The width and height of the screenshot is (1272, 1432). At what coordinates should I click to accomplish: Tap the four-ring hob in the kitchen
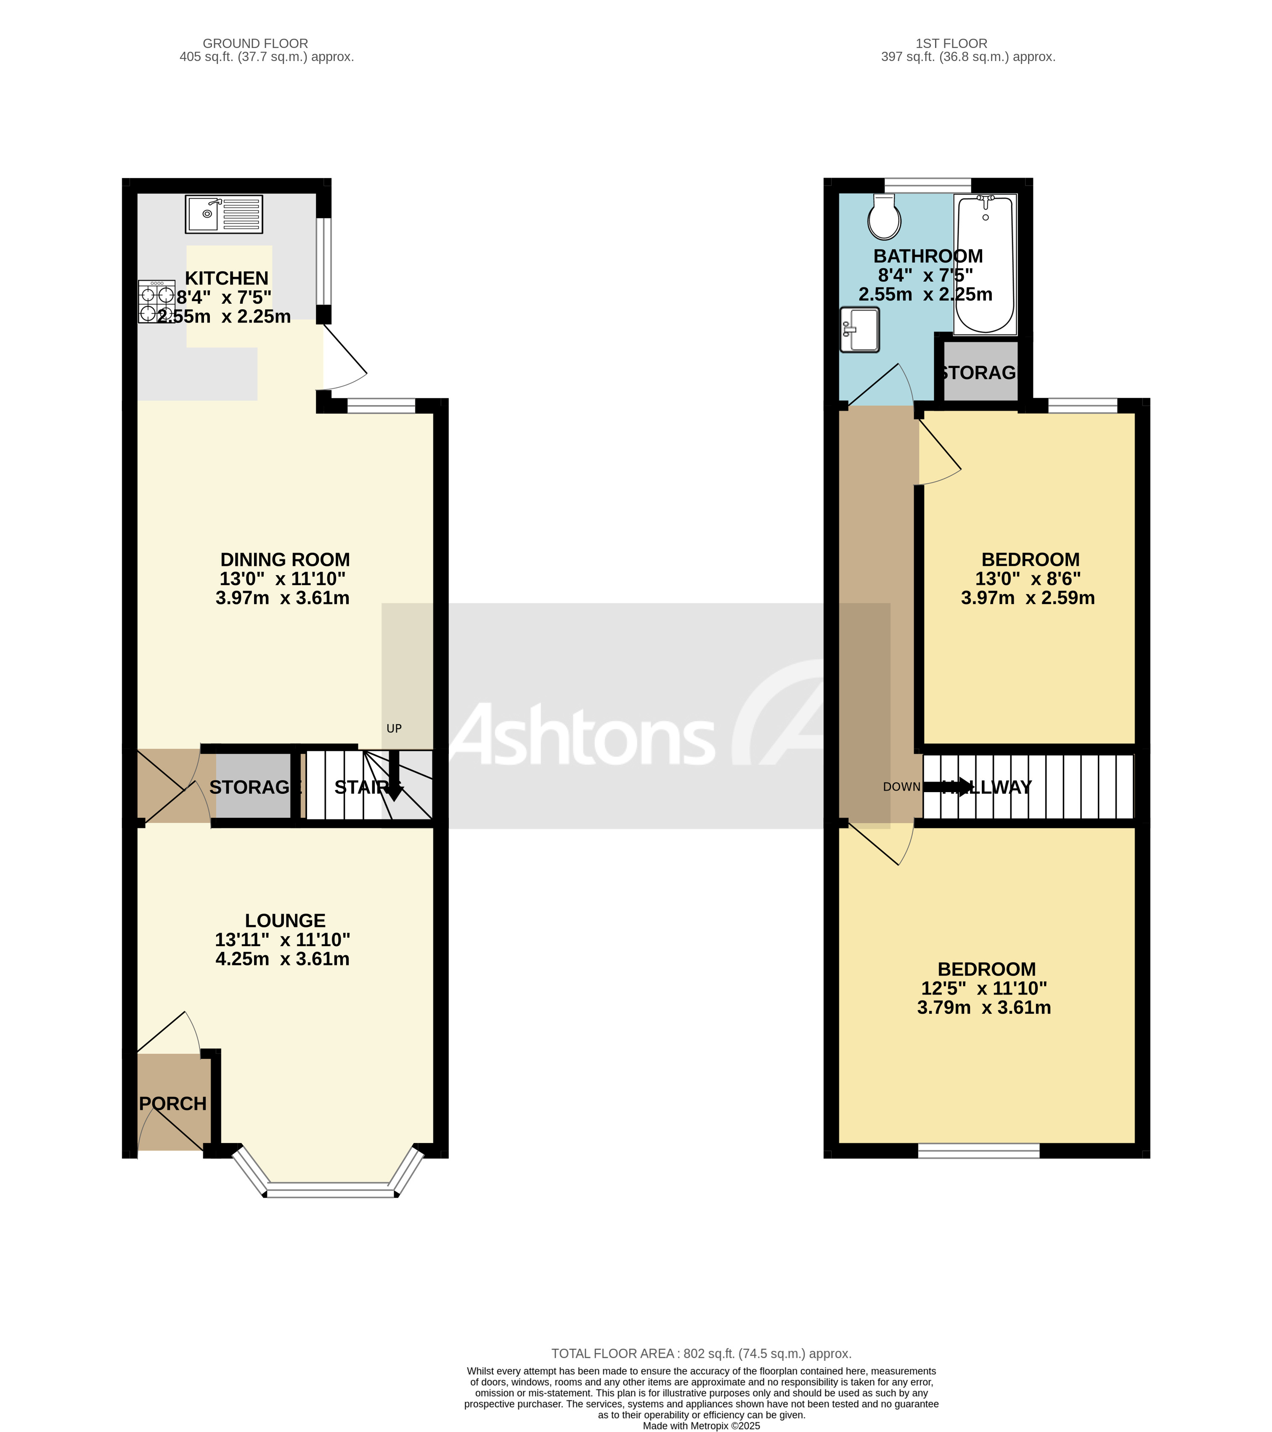[x=156, y=301]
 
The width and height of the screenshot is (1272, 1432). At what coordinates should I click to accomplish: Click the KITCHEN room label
[x=226, y=278]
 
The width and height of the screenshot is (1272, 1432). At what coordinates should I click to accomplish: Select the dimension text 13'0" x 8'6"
[x=1028, y=579]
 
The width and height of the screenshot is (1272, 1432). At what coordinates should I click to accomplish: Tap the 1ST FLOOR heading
[x=951, y=43]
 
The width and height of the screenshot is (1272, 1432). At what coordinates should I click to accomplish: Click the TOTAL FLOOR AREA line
[x=701, y=1353]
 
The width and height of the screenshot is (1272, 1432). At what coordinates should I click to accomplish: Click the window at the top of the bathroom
[x=927, y=185]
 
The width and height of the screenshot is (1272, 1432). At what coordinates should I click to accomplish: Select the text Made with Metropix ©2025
[x=701, y=1426]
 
